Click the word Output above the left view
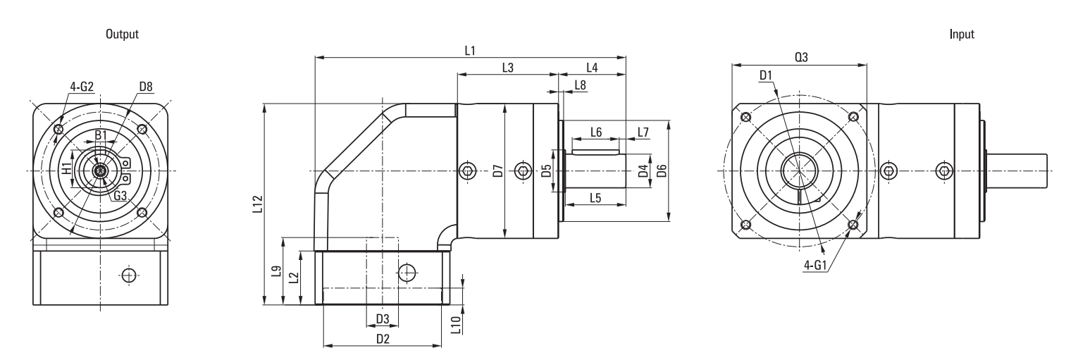[x=122, y=35]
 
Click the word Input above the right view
[x=962, y=35]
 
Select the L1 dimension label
[x=470, y=51]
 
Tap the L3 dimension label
[x=508, y=68]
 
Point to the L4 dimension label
[x=592, y=68]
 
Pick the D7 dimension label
[x=498, y=171]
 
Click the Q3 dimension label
[x=801, y=57]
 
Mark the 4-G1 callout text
[x=814, y=265]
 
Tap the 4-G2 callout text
[x=82, y=87]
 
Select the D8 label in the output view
[x=146, y=86]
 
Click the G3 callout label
[x=120, y=195]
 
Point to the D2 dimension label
[x=383, y=339]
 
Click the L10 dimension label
[x=457, y=324]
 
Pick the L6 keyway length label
[x=596, y=132]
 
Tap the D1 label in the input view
[x=766, y=75]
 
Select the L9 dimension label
[x=275, y=271]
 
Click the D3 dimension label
[x=383, y=318]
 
